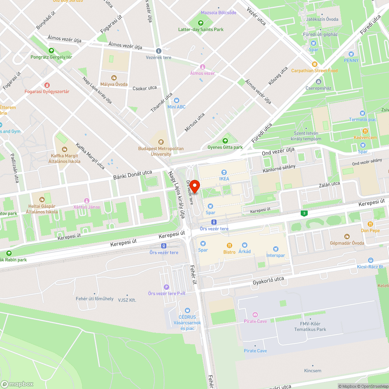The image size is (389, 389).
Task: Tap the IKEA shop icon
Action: pyautogui.click(x=224, y=172)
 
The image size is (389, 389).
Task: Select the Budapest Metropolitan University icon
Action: pyautogui.click(x=161, y=142)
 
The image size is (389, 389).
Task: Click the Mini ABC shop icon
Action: pyautogui.click(x=176, y=100)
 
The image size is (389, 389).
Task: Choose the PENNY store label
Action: pyautogui.click(x=351, y=60)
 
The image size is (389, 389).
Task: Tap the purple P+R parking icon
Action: pyautogui.click(x=166, y=287)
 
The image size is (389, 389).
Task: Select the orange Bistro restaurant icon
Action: pyautogui.click(x=230, y=245)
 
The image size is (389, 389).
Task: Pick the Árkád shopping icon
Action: pyautogui.click(x=244, y=245)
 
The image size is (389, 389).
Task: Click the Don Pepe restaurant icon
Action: pyautogui.click(x=370, y=224)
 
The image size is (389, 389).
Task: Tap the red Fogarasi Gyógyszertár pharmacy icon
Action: pyautogui.click(x=47, y=85)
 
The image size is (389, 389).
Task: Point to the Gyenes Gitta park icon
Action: pyautogui.click(x=225, y=141)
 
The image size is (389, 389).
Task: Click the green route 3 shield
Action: pyautogui.click(x=303, y=213)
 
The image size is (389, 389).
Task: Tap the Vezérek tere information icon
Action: pyautogui.click(x=158, y=51)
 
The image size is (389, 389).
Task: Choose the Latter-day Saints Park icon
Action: pyautogui.click(x=201, y=23)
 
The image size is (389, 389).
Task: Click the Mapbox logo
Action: pyautogui.click(x=17, y=384)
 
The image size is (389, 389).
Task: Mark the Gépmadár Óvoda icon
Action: pyautogui.click(x=347, y=237)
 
